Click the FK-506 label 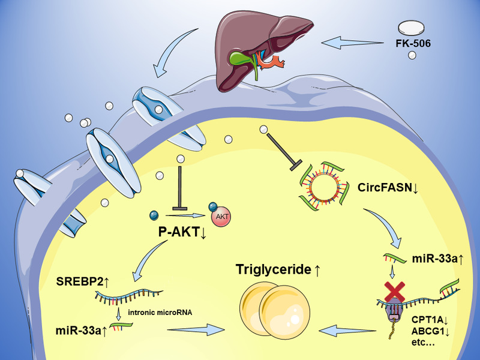(413, 43)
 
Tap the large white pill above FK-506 (411, 28)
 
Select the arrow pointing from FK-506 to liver (352, 43)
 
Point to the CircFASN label (388, 187)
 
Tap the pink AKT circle (221, 217)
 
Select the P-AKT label (182, 232)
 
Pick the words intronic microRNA (160, 313)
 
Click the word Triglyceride (274, 269)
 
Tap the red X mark (395, 292)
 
